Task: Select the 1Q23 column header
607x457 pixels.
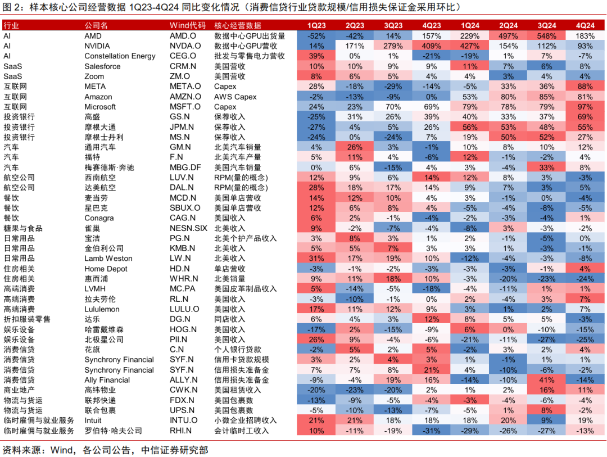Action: click(x=316, y=25)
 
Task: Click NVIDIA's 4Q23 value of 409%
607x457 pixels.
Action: click(x=431, y=46)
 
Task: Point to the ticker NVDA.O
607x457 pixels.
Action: click(x=185, y=46)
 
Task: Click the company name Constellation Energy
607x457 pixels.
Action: click(x=120, y=56)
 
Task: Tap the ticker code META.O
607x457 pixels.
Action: click(x=185, y=86)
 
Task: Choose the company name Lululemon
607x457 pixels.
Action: click(x=102, y=309)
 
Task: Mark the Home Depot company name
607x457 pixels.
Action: click(x=106, y=268)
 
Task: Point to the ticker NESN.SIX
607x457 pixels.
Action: click(x=188, y=228)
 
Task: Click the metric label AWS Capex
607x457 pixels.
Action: click(x=235, y=96)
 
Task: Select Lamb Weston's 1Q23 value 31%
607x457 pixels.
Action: click(x=316, y=258)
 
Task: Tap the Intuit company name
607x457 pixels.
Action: click(x=93, y=420)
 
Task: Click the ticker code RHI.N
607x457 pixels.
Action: click(x=180, y=431)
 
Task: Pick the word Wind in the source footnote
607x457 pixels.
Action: click(x=61, y=450)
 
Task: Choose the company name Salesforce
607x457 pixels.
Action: click(x=102, y=66)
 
